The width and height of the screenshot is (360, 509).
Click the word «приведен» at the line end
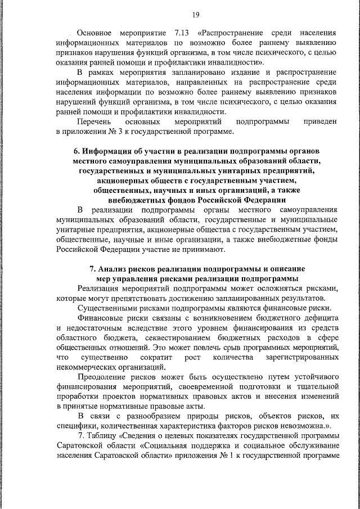tap(319, 121)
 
